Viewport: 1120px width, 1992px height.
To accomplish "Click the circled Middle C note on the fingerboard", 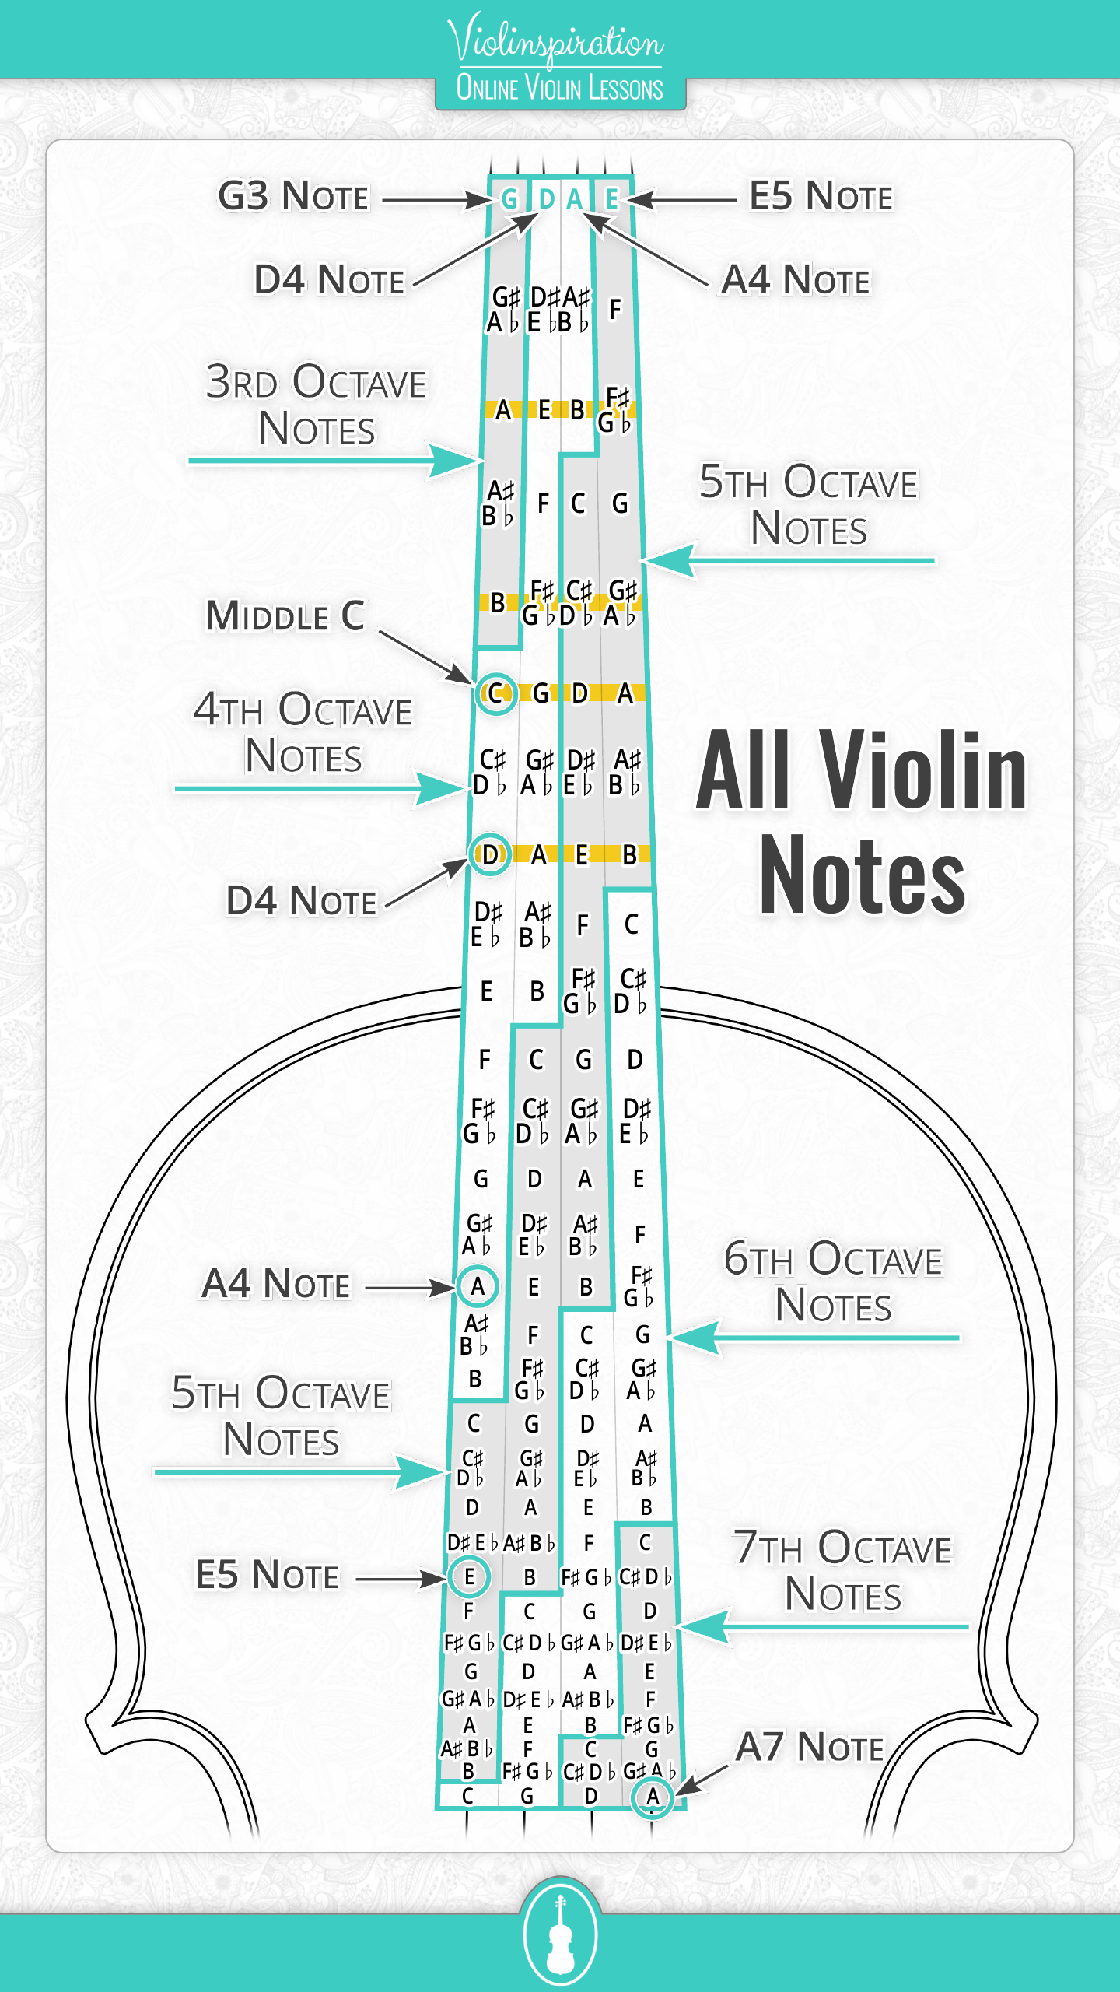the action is [495, 693].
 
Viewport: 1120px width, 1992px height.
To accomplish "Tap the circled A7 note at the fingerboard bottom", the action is [653, 1797].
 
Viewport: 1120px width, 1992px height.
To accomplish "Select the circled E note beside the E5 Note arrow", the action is [469, 1576].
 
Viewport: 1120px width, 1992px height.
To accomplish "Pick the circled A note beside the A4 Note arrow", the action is [478, 1286].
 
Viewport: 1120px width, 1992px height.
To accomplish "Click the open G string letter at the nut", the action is [509, 199].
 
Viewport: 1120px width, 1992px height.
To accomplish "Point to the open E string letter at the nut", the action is [613, 199].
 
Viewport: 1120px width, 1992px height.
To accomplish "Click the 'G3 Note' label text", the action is [293, 196].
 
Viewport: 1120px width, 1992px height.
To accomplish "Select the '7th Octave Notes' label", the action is [843, 1570].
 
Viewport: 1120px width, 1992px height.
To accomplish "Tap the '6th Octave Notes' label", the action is [834, 1282].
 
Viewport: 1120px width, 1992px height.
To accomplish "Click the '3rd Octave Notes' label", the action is [317, 405].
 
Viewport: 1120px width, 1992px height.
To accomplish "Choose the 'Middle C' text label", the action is [285, 615].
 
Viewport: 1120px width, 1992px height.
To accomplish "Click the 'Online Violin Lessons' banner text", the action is [560, 89].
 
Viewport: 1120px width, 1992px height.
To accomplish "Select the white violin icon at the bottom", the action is [560, 1934].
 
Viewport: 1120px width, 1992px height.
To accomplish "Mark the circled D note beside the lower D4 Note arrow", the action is [490, 854].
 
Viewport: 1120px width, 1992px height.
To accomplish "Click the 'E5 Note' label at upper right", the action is [821, 196].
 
